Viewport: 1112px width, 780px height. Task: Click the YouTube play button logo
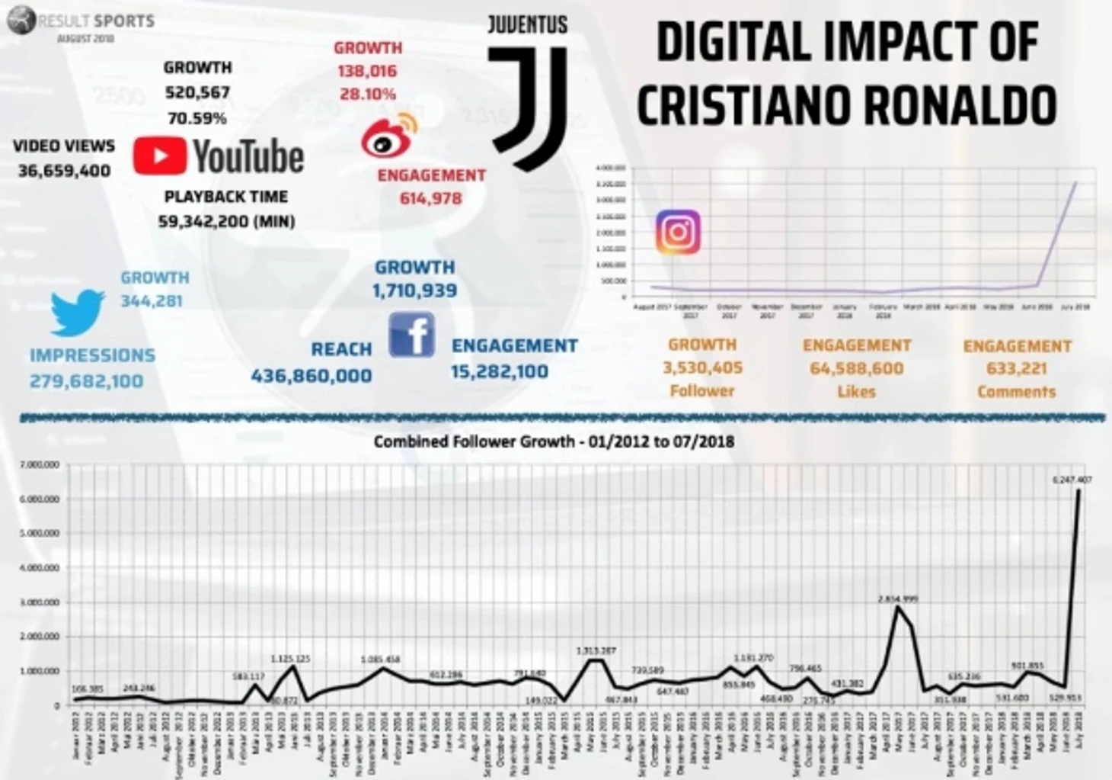point(160,156)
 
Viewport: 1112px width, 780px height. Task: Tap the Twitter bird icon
point(77,312)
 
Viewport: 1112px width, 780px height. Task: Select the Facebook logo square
point(411,335)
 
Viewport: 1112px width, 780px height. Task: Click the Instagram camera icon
point(677,232)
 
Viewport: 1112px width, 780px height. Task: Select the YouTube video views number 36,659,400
point(64,171)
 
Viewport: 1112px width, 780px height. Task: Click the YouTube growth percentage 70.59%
point(197,118)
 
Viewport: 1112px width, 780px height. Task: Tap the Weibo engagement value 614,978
point(430,199)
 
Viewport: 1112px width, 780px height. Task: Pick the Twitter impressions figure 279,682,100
point(86,380)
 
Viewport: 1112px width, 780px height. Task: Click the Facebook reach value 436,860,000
point(312,375)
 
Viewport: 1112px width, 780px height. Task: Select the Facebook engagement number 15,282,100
point(499,371)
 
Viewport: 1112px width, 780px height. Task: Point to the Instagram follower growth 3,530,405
point(702,368)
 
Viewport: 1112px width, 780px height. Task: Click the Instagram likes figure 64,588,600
point(856,368)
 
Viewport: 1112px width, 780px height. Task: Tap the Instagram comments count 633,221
point(1016,368)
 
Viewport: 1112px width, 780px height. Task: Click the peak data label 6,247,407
point(1072,480)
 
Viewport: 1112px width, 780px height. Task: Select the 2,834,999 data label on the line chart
point(898,599)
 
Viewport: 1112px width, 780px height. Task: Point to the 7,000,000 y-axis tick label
point(40,464)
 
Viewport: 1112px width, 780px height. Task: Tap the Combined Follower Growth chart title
point(554,441)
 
